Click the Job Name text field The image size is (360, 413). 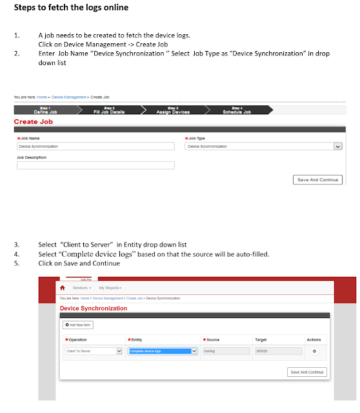point(95,146)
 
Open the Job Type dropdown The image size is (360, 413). point(263,146)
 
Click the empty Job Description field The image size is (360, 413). point(95,165)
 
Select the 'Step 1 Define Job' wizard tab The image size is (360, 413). point(45,110)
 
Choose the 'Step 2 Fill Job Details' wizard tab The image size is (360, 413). point(108,110)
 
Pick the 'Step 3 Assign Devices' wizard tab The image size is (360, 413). point(173,110)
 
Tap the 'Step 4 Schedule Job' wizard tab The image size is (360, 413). point(237,110)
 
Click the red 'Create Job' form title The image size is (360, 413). point(34,121)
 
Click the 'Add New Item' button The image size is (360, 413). point(79,325)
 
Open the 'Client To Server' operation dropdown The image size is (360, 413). point(94,351)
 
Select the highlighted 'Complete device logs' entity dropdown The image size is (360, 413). point(163,351)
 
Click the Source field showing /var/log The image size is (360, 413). point(225,351)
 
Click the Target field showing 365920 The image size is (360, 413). point(277,351)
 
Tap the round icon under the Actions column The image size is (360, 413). point(314,351)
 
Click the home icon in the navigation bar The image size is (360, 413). point(63,287)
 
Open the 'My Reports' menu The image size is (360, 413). point(110,287)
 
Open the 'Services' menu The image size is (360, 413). point(82,287)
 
